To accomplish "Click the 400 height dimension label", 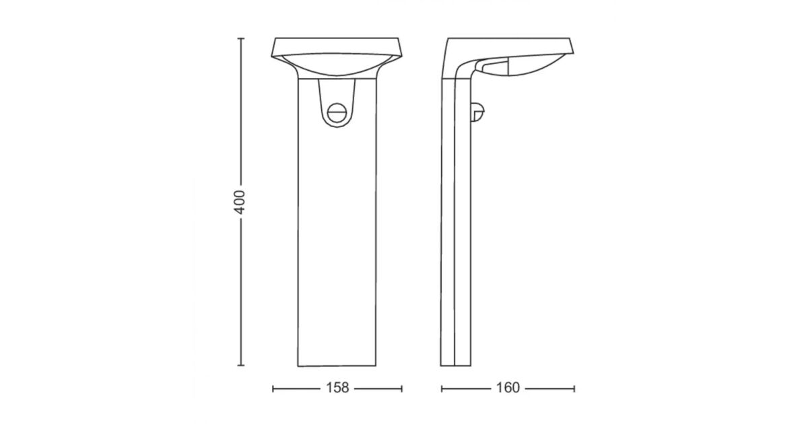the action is pos(240,203).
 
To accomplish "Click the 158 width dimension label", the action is pos(337,388).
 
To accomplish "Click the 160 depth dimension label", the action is pos(508,388).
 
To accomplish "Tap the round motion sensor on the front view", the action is pos(337,113).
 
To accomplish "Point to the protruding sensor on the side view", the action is pos(477,112).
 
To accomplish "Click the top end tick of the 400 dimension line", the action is pos(241,38).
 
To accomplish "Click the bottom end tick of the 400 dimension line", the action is pos(241,365).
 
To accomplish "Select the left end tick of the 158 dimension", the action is pos(273,389).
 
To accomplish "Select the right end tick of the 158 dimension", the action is pos(401,389).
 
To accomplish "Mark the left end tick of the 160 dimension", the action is pos(442,389).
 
